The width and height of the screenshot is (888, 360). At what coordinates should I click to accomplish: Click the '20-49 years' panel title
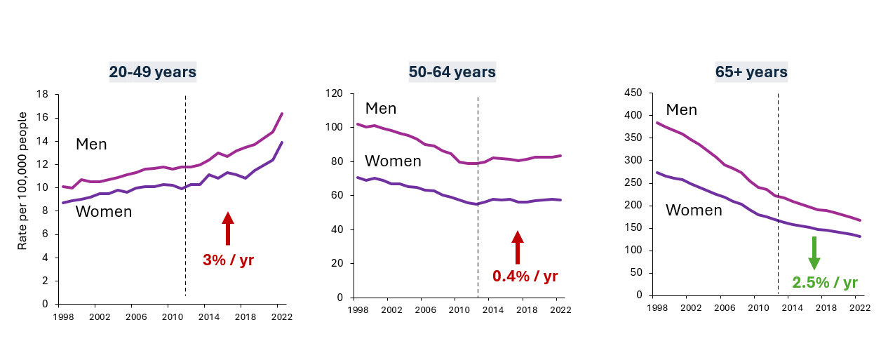pyautogui.click(x=152, y=72)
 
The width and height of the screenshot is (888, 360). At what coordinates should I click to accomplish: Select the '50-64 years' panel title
pyautogui.click(x=452, y=72)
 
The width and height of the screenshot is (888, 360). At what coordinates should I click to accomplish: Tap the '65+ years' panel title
pyautogui.click(x=752, y=72)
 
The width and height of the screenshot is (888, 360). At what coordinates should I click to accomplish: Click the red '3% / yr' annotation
pyautogui.click(x=228, y=260)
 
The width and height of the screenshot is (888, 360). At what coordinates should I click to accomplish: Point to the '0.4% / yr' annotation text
pyautogui.click(x=525, y=276)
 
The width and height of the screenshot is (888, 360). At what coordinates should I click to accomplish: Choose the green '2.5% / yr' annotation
pyautogui.click(x=824, y=283)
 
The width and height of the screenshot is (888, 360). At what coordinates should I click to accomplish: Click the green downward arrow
pyautogui.click(x=814, y=253)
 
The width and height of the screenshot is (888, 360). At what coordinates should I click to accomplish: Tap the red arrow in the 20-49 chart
pyautogui.click(x=228, y=228)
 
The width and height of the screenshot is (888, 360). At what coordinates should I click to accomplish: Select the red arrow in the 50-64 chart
pyautogui.click(x=518, y=247)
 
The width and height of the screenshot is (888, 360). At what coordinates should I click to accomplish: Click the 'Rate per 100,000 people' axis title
pyautogui.click(x=23, y=180)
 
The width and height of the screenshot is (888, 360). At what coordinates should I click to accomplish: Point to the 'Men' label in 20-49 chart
pyautogui.click(x=91, y=145)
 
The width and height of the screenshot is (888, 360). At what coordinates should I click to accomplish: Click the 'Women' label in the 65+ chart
pyautogui.click(x=693, y=210)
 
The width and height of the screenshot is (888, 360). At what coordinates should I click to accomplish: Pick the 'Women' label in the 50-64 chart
pyautogui.click(x=393, y=161)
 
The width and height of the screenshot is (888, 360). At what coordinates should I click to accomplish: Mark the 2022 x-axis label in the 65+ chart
pyautogui.click(x=857, y=309)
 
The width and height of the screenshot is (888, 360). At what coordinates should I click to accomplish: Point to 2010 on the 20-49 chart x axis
pyautogui.click(x=173, y=317)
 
